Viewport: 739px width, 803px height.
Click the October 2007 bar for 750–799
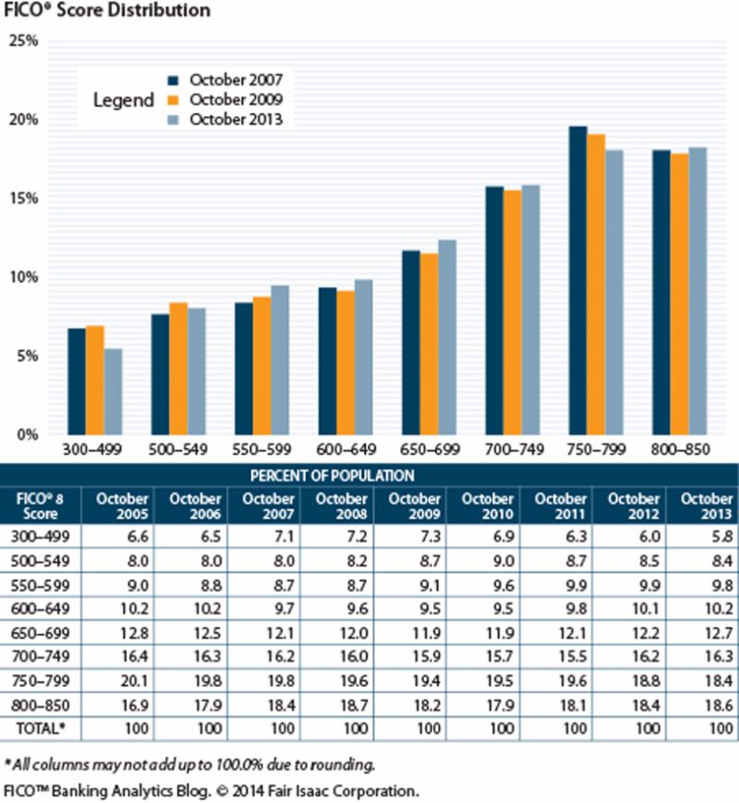577,281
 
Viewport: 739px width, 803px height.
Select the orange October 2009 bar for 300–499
94,380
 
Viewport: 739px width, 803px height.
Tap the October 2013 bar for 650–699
447,337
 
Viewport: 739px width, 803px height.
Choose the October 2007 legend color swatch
172,80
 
